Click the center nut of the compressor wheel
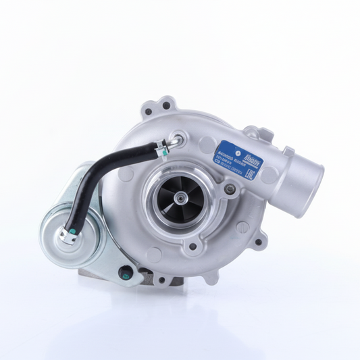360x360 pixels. coord(180,197)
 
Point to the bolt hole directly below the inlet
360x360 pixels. coord(193,247)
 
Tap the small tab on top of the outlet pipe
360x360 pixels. coord(288,151)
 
